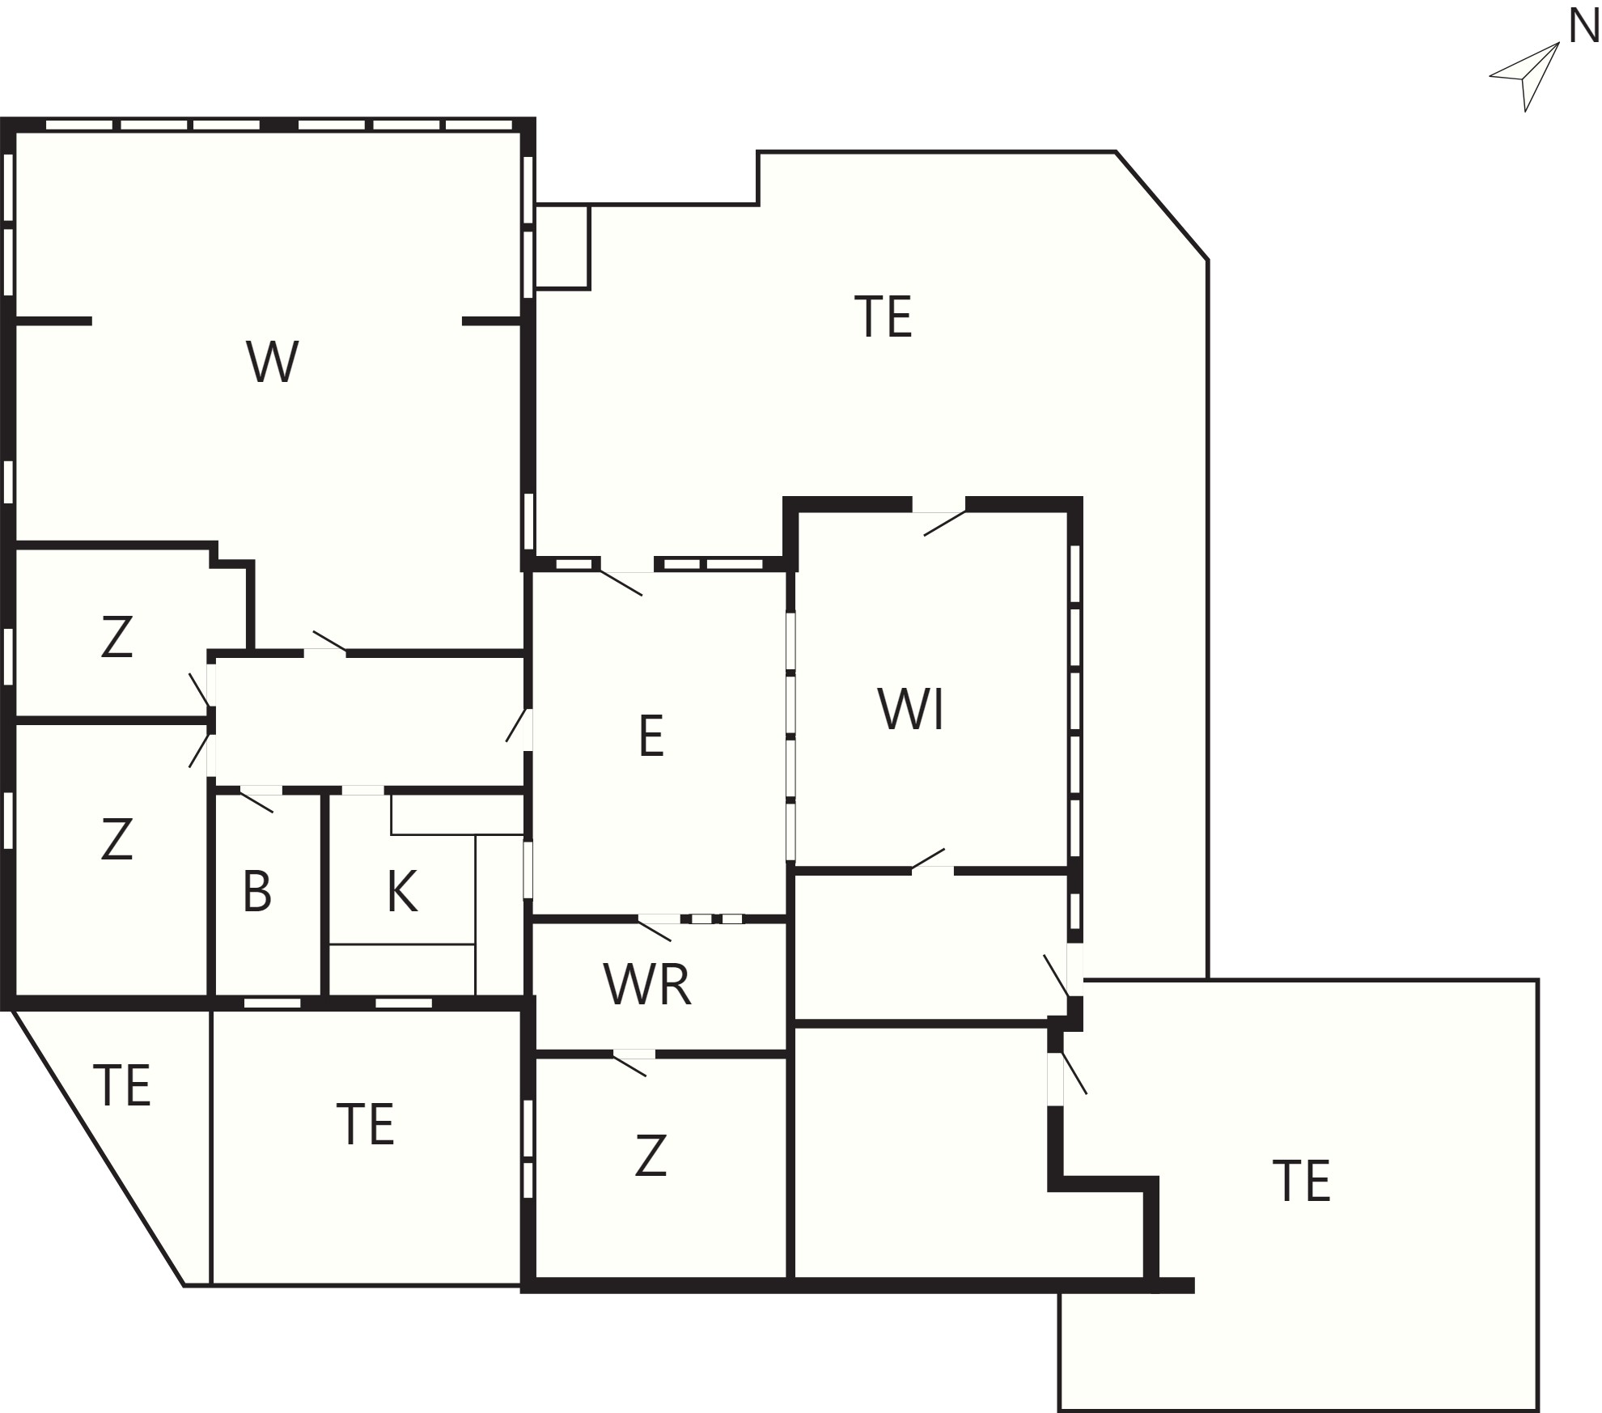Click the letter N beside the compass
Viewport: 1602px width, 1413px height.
[1583, 28]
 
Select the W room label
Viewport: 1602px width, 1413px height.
[273, 362]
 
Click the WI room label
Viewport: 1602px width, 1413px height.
[911, 709]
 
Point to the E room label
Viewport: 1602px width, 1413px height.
[651, 736]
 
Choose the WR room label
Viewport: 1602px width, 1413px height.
[647, 985]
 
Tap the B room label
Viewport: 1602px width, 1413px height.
[256, 892]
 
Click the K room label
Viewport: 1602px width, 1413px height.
[402, 892]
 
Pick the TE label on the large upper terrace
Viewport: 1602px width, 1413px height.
[884, 317]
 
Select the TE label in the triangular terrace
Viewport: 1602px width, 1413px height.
[122, 1085]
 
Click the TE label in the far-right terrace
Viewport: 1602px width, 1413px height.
[1302, 1182]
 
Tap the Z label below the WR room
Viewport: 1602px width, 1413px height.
[651, 1156]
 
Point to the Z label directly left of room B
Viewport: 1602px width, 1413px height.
[117, 839]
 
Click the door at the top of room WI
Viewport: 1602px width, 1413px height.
[939, 519]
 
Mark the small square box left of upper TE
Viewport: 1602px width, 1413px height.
[562, 247]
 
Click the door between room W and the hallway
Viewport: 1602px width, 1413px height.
[326, 643]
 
